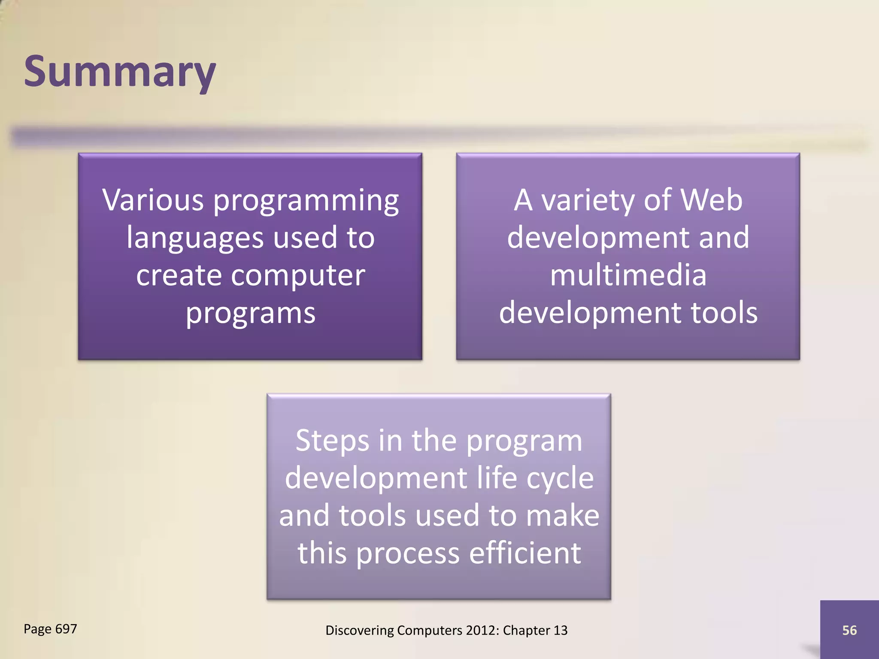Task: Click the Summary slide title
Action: tap(120, 72)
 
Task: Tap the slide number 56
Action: tap(849, 630)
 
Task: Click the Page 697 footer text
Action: tap(50, 629)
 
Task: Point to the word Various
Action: tap(153, 200)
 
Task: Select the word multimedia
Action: tap(628, 275)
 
